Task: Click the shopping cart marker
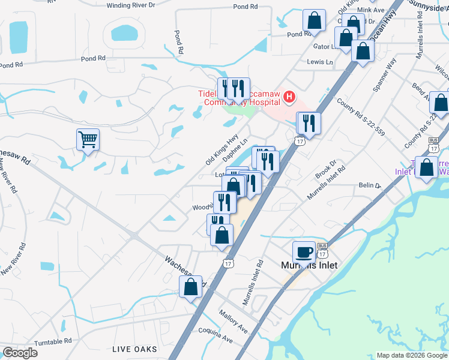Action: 88,140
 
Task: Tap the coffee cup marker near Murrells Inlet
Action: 304,252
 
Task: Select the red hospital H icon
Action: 289,96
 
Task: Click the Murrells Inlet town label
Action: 310,265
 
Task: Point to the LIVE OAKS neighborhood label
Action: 135,349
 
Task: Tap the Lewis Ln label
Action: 320,62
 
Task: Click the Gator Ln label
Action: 324,46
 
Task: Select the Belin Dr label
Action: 370,186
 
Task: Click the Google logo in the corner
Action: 20,353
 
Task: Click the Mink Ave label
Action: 370,10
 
